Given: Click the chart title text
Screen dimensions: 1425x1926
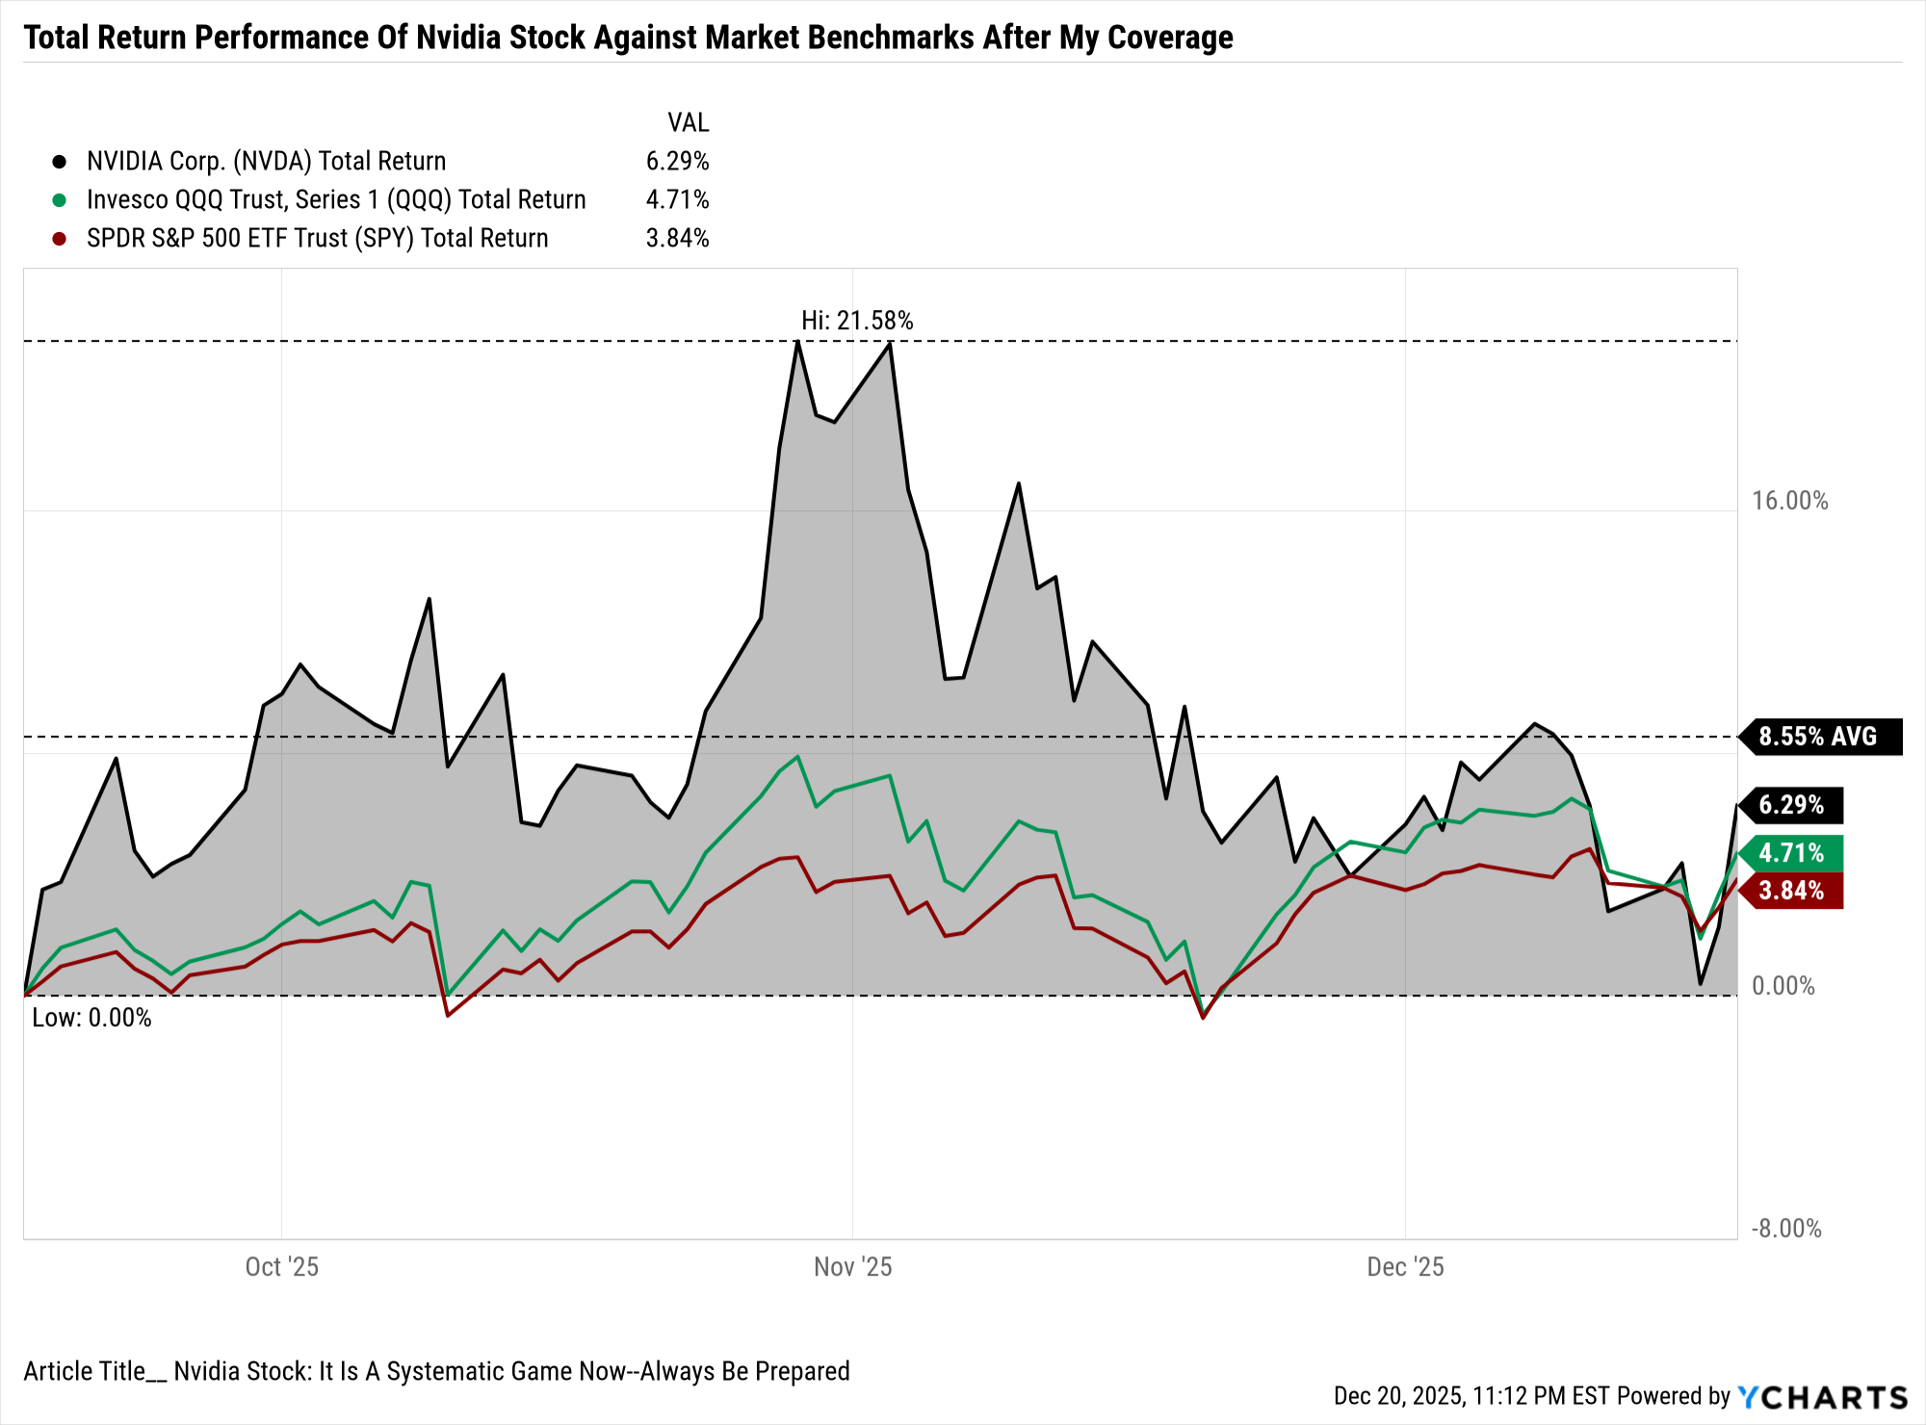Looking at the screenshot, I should click(x=628, y=38).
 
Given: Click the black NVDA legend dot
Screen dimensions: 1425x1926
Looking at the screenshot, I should click(x=60, y=162).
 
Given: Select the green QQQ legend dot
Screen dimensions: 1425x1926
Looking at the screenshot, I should click(x=60, y=200).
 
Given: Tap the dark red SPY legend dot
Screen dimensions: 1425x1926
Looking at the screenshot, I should click(x=60, y=239).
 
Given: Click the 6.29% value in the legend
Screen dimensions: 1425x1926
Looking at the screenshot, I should click(x=677, y=162).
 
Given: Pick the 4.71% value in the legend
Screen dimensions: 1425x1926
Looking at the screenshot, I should click(x=677, y=200).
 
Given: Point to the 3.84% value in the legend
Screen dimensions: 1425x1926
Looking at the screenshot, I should click(x=677, y=239).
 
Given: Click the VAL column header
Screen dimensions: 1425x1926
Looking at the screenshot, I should click(x=688, y=123).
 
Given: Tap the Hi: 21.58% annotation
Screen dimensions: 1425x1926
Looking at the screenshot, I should click(x=857, y=321).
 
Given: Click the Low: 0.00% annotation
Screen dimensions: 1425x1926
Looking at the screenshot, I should click(x=91, y=1018).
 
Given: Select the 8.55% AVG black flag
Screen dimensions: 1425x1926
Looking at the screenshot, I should click(x=1819, y=737).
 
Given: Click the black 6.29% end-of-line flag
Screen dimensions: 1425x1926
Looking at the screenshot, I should click(x=1792, y=805).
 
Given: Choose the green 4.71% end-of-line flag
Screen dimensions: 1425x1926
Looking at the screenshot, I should click(x=1792, y=853).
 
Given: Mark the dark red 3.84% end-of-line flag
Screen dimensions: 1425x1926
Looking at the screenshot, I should click(x=1792, y=891).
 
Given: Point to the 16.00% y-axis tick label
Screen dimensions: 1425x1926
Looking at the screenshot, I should click(x=1789, y=501).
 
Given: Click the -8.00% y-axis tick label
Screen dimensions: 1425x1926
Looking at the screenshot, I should click(x=1786, y=1229).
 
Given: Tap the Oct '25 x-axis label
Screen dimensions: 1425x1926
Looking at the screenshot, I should click(x=281, y=1266).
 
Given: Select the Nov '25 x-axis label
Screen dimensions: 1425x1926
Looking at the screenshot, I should click(x=852, y=1266).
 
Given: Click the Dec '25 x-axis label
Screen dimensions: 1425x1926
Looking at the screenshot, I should click(x=1405, y=1266).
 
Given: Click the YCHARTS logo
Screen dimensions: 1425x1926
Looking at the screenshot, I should click(x=1822, y=1397).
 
